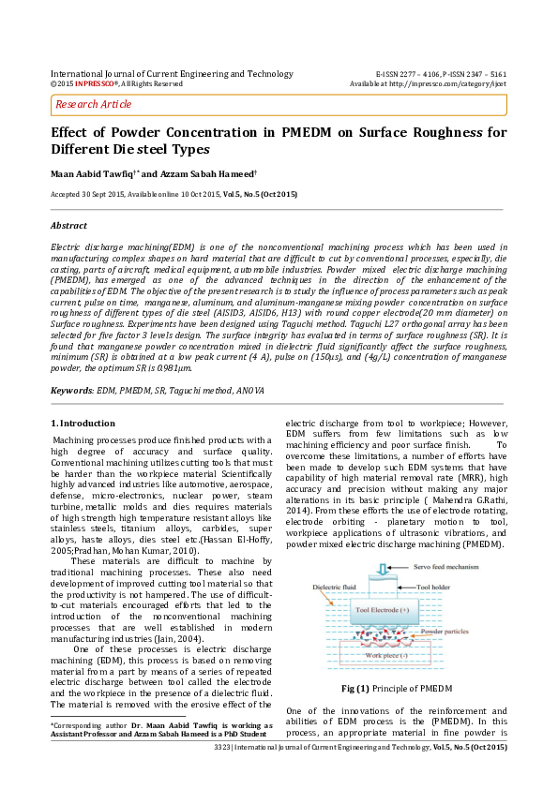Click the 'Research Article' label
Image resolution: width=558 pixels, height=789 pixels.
(94, 104)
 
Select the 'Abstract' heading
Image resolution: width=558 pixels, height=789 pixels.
(68, 226)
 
